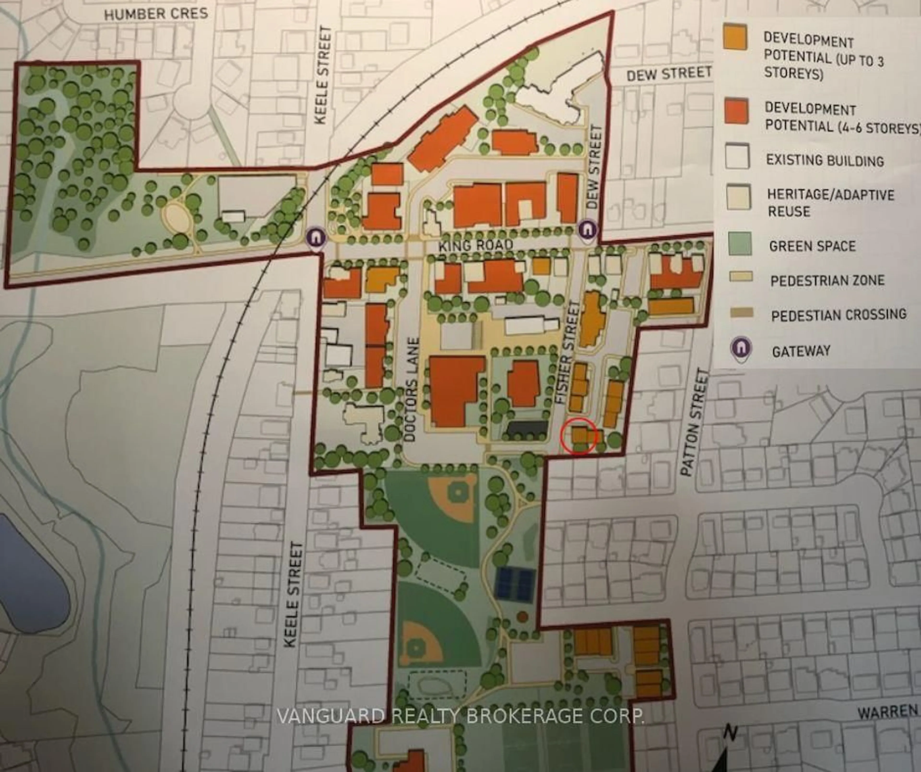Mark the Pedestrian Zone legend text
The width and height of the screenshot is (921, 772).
click(x=827, y=280)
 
